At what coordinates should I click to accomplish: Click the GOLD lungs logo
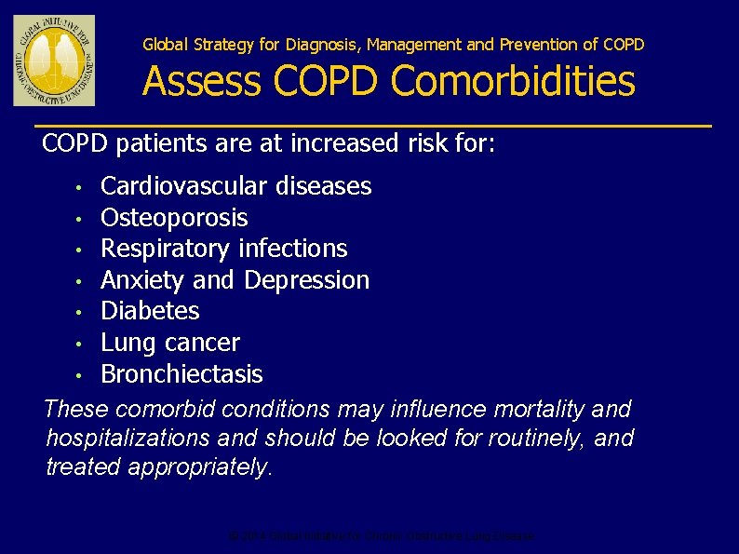[54, 61]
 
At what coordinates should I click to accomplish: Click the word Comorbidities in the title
[513, 81]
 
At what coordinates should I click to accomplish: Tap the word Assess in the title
[203, 81]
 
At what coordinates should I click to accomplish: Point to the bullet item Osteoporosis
[174, 218]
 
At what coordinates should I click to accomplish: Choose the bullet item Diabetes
[150, 310]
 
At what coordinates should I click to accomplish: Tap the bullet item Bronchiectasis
[181, 374]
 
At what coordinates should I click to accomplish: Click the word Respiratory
[166, 249]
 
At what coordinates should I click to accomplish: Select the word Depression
[307, 279]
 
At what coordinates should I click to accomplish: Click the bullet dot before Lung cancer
[81, 344]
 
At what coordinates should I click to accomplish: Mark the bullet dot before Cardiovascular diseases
[81, 188]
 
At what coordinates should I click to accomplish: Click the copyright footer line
[382, 536]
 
